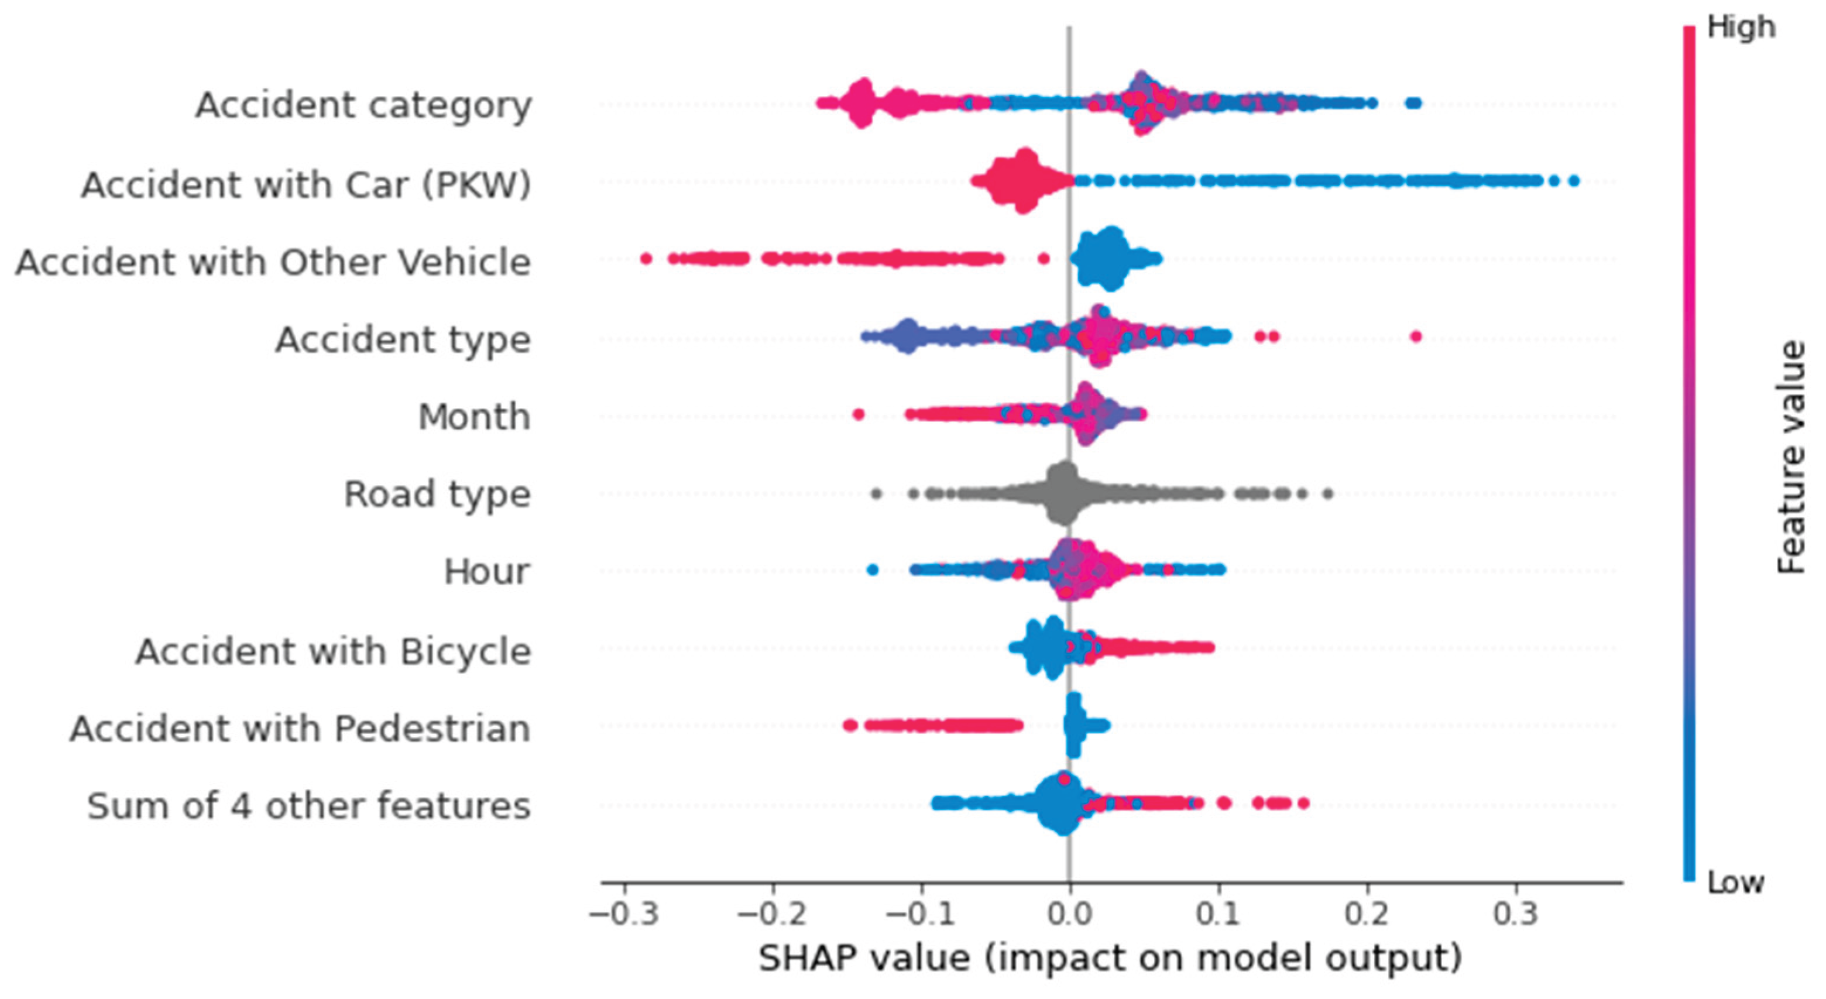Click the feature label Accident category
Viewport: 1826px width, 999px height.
tap(363, 106)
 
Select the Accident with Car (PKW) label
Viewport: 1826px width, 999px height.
tap(306, 185)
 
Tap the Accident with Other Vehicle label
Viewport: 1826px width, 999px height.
tap(273, 262)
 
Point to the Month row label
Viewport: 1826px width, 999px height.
tap(473, 417)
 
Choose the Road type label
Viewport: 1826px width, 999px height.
tap(437, 494)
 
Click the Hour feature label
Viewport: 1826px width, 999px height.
tap(486, 571)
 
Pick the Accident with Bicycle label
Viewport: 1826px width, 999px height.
tap(332, 651)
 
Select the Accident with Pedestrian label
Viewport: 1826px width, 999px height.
tap(300, 728)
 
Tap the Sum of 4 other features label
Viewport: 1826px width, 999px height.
tap(308, 806)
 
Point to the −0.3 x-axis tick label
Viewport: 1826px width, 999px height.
tap(624, 915)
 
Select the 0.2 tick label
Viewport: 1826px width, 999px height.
tap(1367, 915)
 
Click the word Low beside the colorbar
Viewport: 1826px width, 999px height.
tap(1735, 883)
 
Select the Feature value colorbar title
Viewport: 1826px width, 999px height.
tap(1791, 457)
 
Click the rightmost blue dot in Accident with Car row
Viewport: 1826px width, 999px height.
tap(1574, 181)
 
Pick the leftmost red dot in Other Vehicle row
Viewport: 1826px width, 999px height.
tap(646, 258)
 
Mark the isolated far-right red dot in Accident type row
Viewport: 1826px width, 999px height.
tap(1416, 336)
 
